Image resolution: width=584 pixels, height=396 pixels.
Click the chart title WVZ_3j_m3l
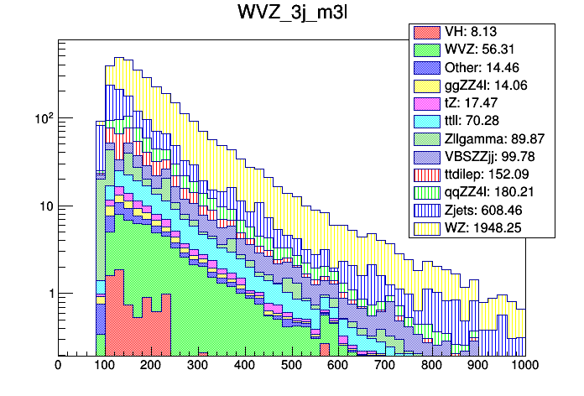(x=291, y=15)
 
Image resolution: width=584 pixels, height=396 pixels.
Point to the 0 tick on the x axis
(x=58, y=366)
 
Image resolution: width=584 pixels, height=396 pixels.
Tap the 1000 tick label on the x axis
(x=524, y=366)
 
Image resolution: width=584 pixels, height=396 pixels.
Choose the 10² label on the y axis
(x=42, y=118)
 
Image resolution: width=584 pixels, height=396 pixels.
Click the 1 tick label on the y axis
(x=48, y=294)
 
